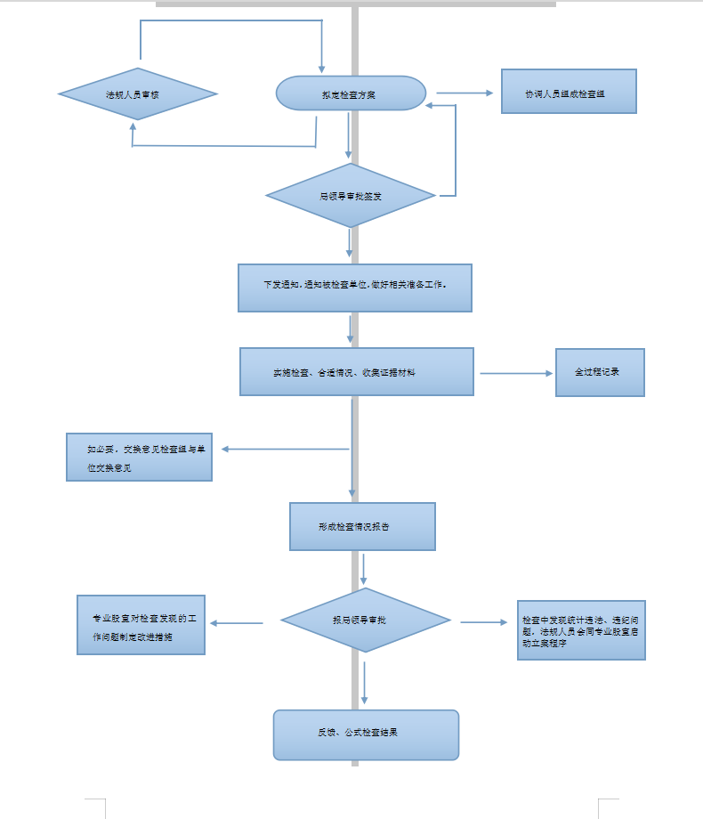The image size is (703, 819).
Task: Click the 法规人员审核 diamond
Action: coord(138,93)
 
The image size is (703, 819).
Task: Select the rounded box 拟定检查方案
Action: coord(351,93)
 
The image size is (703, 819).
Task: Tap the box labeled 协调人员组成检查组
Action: coord(569,92)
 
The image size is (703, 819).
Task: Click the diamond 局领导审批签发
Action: coord(351,195)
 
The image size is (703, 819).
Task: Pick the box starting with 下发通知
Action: coord(354,288)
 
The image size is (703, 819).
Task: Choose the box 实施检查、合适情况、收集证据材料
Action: coord(356,371)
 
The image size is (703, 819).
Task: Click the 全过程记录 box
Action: coord(599,372)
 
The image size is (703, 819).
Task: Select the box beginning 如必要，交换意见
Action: coord(139,457)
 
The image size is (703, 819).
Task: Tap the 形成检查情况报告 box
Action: coord(362,526)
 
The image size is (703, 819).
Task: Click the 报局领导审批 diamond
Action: coord(365,620)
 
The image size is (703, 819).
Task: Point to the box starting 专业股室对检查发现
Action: coord(141,625)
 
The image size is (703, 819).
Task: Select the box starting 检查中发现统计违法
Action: coord(582,629)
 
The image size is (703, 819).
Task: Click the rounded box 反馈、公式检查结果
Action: coord(366,734)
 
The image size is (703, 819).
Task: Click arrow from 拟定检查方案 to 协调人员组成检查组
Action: coord(464,93)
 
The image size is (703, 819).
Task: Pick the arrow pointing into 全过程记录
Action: coord(516,373)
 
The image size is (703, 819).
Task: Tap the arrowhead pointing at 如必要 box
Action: coord(226,449)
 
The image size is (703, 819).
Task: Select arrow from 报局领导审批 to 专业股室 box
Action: coord(237,623)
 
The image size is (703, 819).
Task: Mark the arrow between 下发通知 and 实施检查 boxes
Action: coord(351,328)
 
